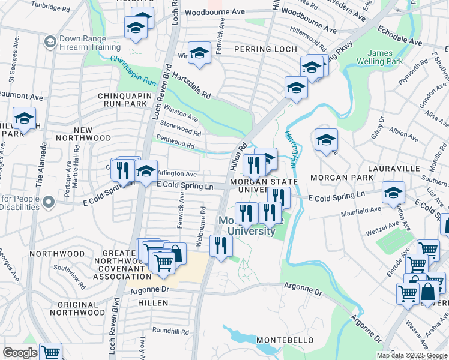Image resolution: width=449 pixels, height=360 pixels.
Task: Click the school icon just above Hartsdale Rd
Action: pyautogui.click(x=199, y=53)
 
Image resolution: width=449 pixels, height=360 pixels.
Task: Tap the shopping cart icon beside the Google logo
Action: pyautogui.click(x=51, y=352)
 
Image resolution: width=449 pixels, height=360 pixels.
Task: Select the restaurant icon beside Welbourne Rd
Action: pyautogui.click(x=221, y=245)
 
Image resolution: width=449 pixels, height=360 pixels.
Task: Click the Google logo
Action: pyautogui.click(x=20, y=353)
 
